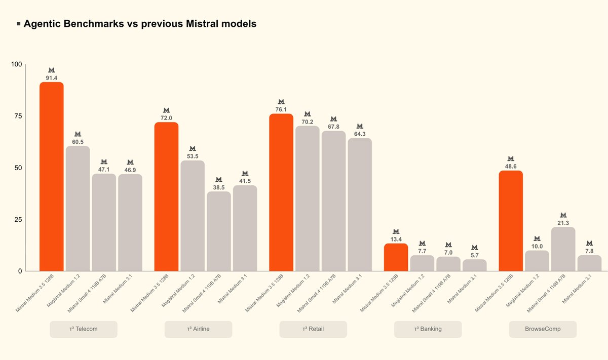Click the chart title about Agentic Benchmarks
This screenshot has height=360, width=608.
140,24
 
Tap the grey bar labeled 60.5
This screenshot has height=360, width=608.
78,208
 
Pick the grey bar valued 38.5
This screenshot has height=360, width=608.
218,231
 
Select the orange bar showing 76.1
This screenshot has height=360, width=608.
281,192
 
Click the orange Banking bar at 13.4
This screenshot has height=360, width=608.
396,257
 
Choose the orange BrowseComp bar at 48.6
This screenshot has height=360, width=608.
511,221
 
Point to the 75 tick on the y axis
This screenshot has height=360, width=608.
18,116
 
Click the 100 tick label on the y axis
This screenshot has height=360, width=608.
17,64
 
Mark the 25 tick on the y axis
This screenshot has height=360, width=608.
18,219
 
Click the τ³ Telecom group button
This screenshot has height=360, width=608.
84,329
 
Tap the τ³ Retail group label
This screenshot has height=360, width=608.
313,329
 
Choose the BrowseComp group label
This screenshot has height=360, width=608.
543,329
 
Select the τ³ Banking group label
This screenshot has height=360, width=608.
428,329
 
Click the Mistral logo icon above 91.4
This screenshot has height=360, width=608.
52,70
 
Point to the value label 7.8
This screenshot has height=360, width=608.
589,251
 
